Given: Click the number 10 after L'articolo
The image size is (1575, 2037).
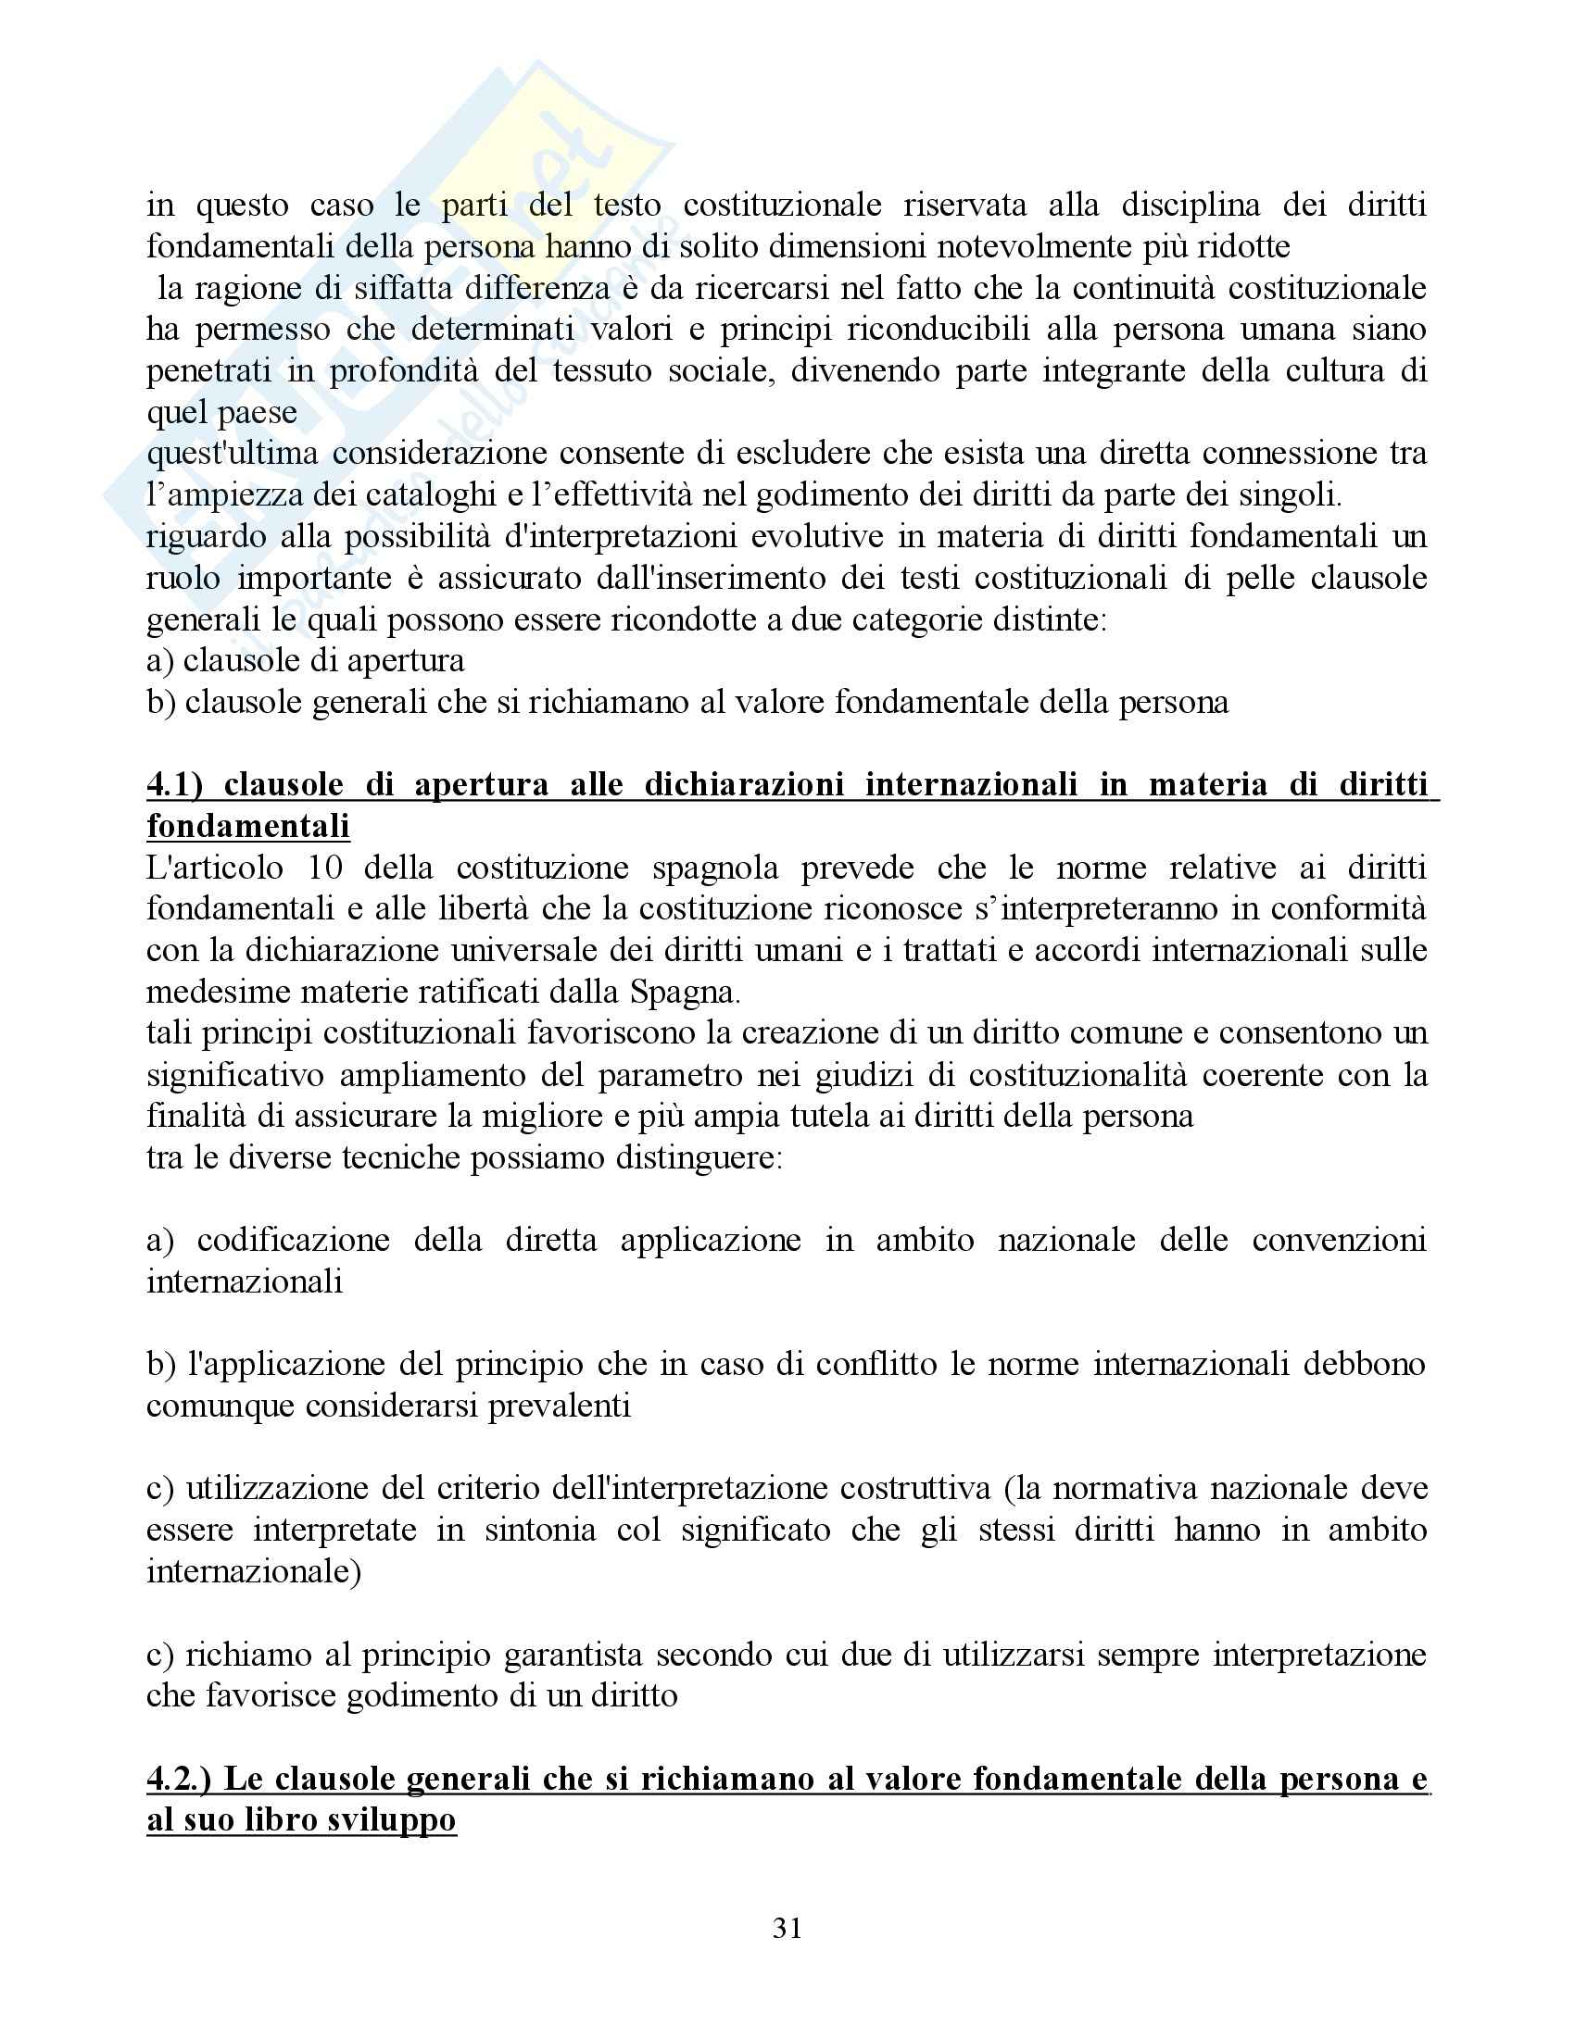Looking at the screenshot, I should click(323, 868).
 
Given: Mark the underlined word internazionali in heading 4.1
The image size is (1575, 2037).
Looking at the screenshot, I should click(970, 784).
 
